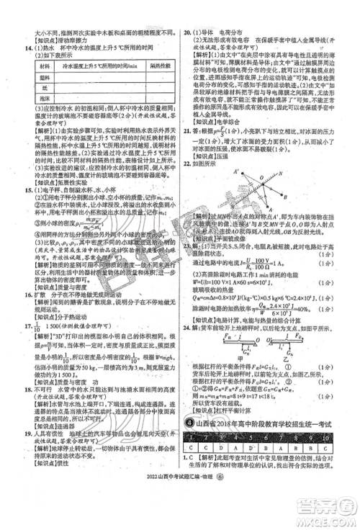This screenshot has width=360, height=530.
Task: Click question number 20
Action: click(189, 33)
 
